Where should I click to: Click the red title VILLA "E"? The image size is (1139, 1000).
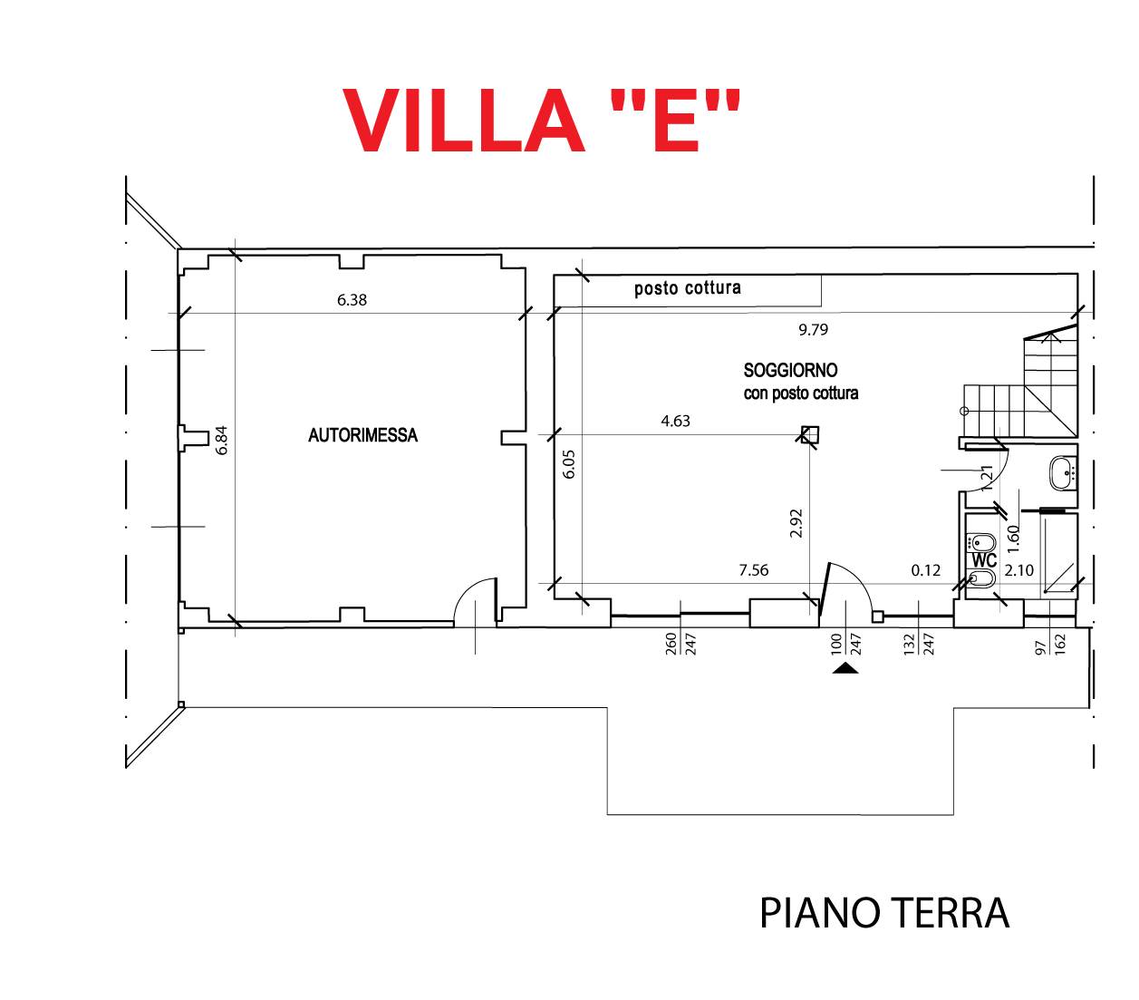tap(541, 120)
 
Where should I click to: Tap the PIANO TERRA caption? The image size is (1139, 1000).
tap(883, 913)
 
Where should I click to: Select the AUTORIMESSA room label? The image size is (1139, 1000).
tap(362, 435)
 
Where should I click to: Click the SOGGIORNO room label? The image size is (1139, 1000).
tap(790, 370)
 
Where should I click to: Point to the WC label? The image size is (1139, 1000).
tap(984, 560)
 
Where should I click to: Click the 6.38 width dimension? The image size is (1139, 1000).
tap(352, 300)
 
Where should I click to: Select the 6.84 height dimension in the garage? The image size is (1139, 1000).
tap(222, 440)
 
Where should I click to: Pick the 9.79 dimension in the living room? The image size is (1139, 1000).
tap(813, 330)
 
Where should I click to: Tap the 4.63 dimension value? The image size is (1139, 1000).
tap(675, 421)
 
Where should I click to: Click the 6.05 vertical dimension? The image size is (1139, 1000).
tap(569, 464)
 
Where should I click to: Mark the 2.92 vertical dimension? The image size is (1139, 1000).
tap(796, 523)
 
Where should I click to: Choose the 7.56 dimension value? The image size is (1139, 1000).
tap(753, 570)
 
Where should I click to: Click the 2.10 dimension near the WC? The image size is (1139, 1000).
tap(1018, 570)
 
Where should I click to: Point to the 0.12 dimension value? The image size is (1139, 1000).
tap(925, 570)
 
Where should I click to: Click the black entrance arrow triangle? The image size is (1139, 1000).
tap(845, 669)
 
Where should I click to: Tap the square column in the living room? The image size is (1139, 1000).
tap(810, 434)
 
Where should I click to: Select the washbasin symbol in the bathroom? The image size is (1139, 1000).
tap(1062, 471)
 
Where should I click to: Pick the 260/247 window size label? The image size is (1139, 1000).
tap(681, 644)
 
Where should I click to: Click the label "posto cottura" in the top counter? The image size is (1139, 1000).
tap(687, 288)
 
